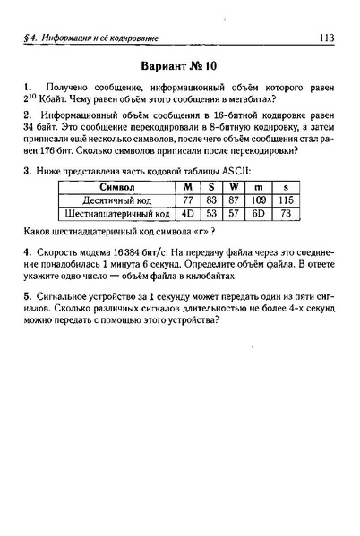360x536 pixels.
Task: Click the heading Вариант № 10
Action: [179, 67]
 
